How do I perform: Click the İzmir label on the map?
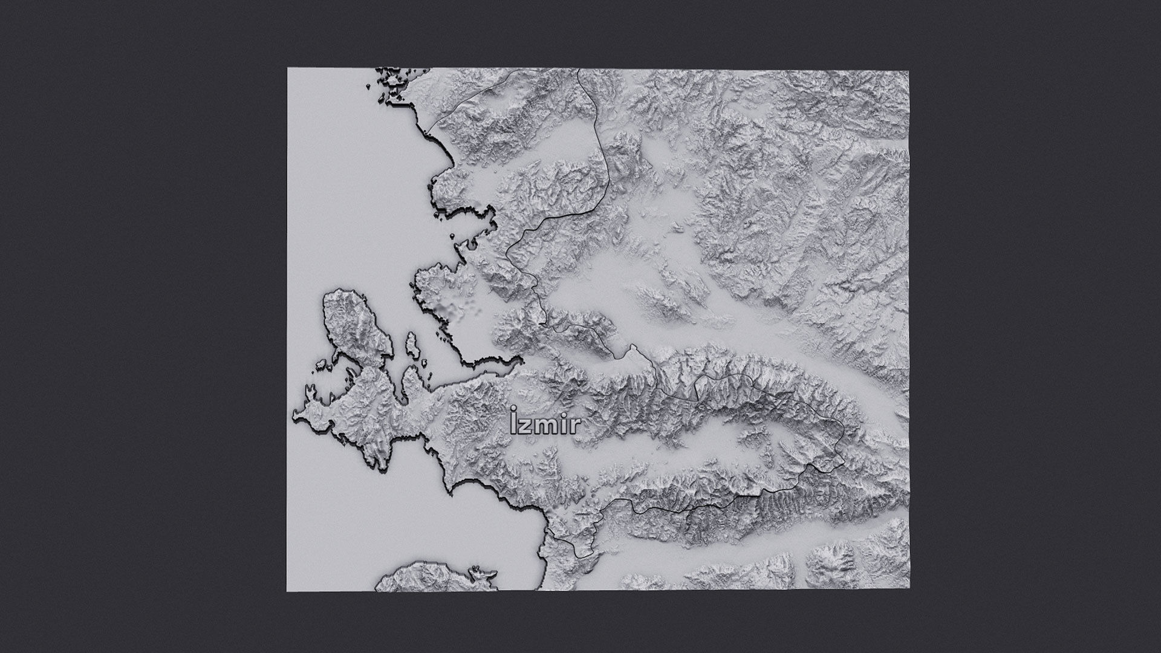[x=545, y=424]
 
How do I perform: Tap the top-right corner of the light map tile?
[x=908, y=71]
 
